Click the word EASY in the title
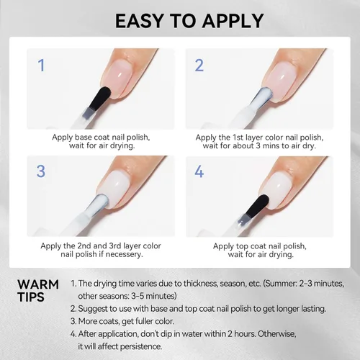139,21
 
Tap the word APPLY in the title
233,21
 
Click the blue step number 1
42,65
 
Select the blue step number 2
199,65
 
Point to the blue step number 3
41,171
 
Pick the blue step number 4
199,171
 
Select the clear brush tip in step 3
99,204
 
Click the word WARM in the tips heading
38,284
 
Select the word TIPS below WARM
31,297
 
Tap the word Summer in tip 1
280,284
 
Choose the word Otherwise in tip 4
276,334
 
